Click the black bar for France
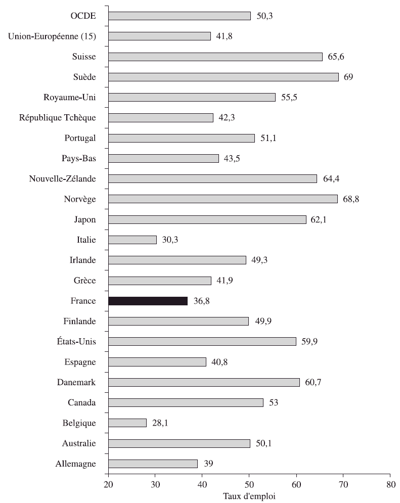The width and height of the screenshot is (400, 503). pos(148,301)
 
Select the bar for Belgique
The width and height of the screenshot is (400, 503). pos(127,423)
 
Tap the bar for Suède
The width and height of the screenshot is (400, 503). pos(223,77)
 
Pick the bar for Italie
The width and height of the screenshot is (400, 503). pos(132,240)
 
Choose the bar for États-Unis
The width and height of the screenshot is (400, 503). pos(202,341)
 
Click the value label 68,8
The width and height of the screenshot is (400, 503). pos(352,199)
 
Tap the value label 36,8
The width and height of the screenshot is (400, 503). pos(202,301)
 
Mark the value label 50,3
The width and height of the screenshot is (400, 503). pos(265,16)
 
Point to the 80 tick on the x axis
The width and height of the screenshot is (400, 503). pos(389,484)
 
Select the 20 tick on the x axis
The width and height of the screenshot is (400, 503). pos(108,484)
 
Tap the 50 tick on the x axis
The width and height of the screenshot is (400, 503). pos(249,484)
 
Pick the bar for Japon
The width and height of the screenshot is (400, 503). pos(207,219)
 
